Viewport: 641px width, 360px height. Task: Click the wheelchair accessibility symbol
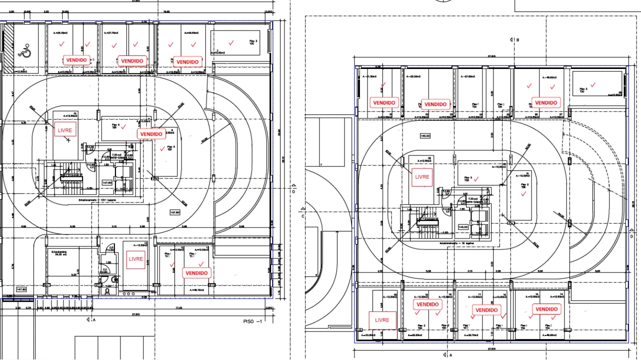(x=24, y=50)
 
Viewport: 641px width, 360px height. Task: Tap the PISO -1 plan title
(x=252, y=321)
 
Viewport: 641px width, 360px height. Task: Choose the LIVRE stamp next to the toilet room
(x=135, y=259)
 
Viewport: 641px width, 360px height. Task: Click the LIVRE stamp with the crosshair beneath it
(x=65, y=130)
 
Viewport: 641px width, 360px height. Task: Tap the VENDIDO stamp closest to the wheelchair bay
(x=76, y=59)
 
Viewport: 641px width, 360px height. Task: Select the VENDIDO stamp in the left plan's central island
(x=151, y=134)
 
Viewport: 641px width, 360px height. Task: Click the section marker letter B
(x=517, y=39)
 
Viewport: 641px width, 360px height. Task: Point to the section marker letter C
(x=303, y=216)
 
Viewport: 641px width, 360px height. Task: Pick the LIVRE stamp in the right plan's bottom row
(x=382, y=320)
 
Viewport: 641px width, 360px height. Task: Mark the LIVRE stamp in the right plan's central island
(x=422, y=177)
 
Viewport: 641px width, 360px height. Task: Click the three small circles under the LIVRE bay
(x=129, y=293)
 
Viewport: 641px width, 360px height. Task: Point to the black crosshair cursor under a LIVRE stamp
(x=68, y=140)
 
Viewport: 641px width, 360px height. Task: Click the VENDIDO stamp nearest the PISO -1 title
(x=196, y=273)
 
